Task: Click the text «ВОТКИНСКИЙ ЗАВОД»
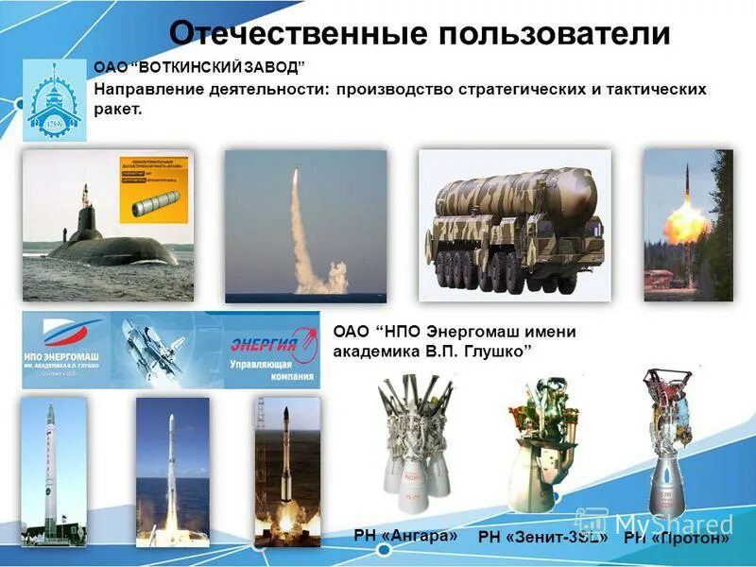tap(223, 68)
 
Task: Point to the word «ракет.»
tap(118, 110)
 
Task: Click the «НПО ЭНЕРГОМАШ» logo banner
tap(65, 349)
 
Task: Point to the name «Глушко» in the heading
tap(492, 351)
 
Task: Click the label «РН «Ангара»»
tap(405, 535)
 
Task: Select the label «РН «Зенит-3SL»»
tap(542, 537)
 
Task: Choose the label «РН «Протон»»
tap(677, 538)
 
